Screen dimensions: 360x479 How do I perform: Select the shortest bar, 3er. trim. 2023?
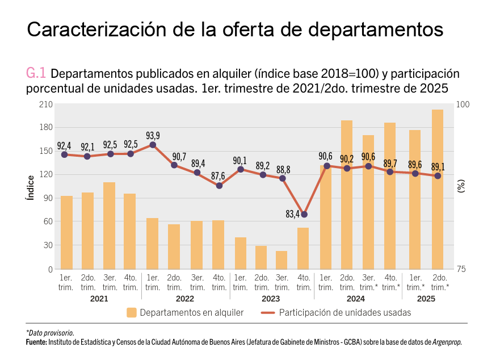pyautogui.click(x=281, y=259)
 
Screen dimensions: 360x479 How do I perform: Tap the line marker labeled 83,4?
pyautogui.click(x=304, y=214)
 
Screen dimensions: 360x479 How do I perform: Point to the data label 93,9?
pyautogui.click(x=153, y=135)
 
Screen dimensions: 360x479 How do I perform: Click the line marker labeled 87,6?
pyautogui.click(x=219, y=186)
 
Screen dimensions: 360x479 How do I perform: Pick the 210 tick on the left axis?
pyautogui.click(x=45, y=104)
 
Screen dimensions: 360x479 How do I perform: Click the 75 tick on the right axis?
pyautogui.click(x=463, y=269)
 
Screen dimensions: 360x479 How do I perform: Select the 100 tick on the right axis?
pyautogui.click(x=463, y=104)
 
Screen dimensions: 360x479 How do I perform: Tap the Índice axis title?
pyautogui.click(x=30, y=187)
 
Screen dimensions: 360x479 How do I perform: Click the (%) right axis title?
pyautogui.click(x=461, y=187)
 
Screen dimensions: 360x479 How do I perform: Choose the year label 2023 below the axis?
pyautogui.click(x=271, y=299)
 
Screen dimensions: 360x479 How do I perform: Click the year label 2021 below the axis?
pyautogui.click(x=99, y=299)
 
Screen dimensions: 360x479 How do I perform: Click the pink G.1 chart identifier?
pyautogui.click(x=36, y=73)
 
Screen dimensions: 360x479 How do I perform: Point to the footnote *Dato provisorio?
pyautogui.click(x=50, y=333)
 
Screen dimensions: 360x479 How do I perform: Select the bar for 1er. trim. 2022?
pyautogui.click(x=153, y=244)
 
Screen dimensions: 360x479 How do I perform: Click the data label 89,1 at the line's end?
pyautogui.click(x=437, y=166)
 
